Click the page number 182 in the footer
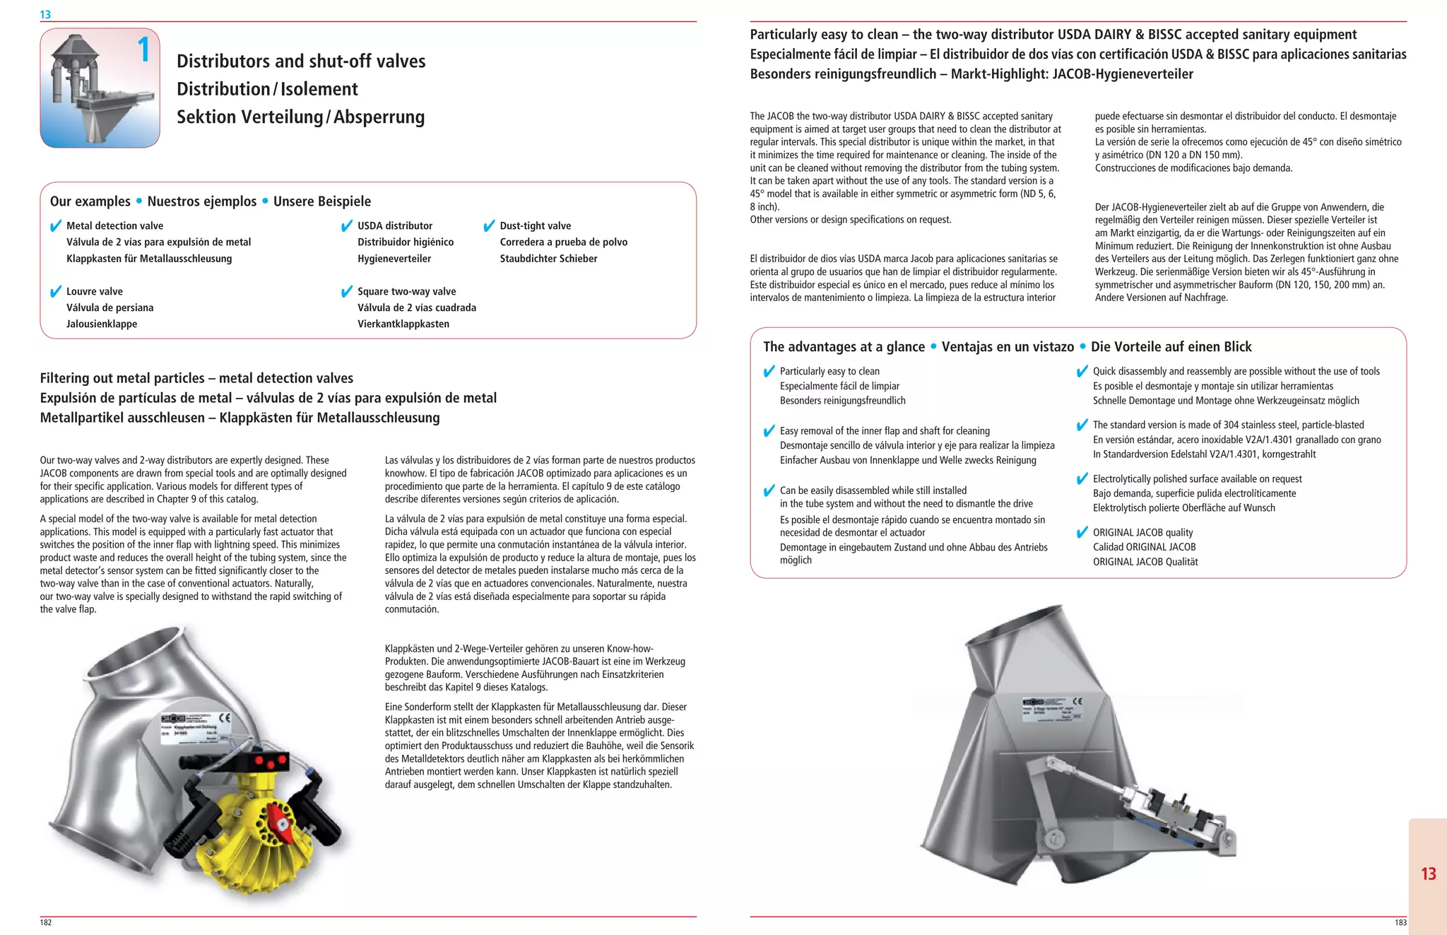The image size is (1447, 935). pyautogui.click(x=46, y=922)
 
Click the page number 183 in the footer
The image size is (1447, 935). pyautogui.click(x=1400, y=922)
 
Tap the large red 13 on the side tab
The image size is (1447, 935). pyautogui.click(x=1429, y=874)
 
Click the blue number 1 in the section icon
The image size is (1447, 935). pyautogui.click(x=144, y=50)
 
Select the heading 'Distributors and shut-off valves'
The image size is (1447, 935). pyautogui.click(x=301, y=61)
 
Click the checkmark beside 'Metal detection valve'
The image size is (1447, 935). pyautogui.click(x=56, y=226)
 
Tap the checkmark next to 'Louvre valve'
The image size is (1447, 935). pyautogui.click(x=56, y=292)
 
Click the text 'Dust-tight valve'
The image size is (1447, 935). pyautogui.click(x=535, y=226)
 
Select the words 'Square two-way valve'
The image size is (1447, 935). pyautogui.click(x=406, y=291)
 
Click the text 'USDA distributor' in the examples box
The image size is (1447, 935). pyautogui.click(x=394, y=226)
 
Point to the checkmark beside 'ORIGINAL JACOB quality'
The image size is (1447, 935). pyautogui.click(x=1082, y=533)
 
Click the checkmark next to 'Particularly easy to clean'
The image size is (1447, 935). pyautogui.click(x=769, y=372)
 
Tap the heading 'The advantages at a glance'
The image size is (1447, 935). pyautogui.click(x=844, y=347)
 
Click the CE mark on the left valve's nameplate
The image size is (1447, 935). pyautogui.click(x=225, y=718)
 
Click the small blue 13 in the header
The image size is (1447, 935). pyautogui.click(x=45, y=14)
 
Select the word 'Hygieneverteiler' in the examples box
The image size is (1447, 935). pyautogui.click(x=394, y=259)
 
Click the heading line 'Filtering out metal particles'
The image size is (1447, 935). pyautogui.click(x=196, y=378)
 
